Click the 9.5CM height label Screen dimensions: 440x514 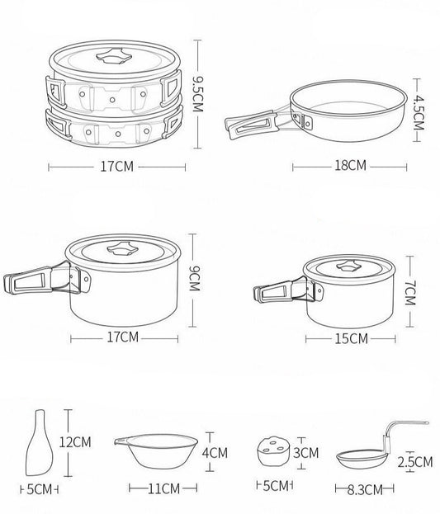[x=197, y=94]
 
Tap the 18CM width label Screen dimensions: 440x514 [x=350, y=166]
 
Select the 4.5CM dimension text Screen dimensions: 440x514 [x=419, y=112]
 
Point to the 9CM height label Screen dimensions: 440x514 [x=194, y=278]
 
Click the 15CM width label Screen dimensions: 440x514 [x=351, y=338]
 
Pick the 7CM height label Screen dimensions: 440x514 [x=409, y=293]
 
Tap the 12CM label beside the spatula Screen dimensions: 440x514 [x=75, y=442]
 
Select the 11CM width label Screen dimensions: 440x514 [x=163, y=488]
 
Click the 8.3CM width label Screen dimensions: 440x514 [x=365, y=490]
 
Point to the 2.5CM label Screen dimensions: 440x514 [x=415, y=462]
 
